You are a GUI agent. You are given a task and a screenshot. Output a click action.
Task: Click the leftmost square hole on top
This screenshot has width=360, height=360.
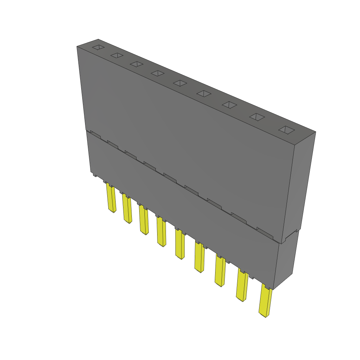98,47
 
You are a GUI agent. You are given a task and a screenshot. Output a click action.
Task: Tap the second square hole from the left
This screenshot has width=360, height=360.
117,56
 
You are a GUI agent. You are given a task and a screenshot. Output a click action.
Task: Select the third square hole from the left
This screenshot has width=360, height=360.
136,64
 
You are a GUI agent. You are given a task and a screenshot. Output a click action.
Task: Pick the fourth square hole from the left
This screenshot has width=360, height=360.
157,73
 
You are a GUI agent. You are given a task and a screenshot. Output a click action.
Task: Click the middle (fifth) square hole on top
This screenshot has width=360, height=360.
180,83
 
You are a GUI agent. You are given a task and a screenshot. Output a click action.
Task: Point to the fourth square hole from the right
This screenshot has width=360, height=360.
204,94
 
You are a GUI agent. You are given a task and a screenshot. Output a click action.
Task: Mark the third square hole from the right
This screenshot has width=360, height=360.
229,105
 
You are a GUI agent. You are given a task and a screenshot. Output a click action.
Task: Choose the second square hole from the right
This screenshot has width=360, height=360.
257,117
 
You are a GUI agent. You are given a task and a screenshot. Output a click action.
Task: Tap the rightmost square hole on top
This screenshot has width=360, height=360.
287,130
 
